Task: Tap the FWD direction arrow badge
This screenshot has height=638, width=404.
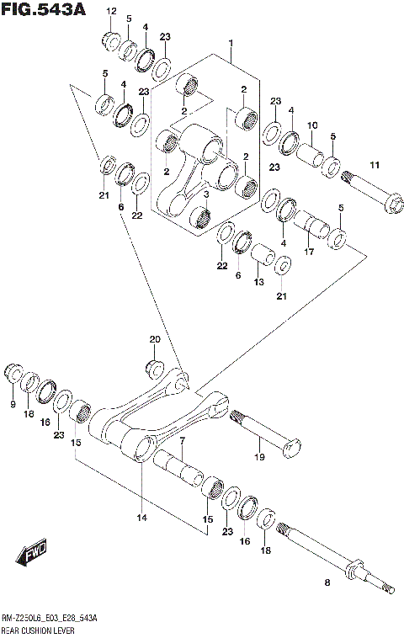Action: (x=32, y=555)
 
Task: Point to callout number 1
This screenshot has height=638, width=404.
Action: (x=230, y=42)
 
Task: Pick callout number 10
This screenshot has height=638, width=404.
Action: (x=311, y=125)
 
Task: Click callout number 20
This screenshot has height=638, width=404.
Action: (x=154, y=339)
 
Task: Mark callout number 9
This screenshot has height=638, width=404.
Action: (x=13, y=405)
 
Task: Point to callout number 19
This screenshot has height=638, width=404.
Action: (x=260, y=457)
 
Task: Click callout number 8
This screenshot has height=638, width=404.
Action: (x=327, y=582)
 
